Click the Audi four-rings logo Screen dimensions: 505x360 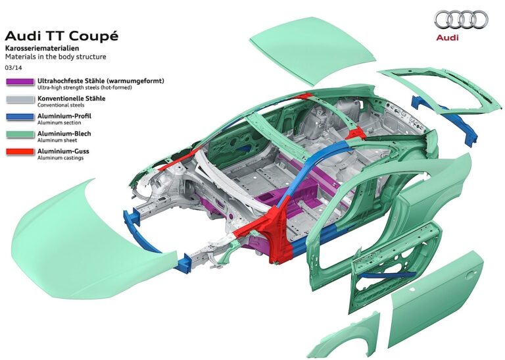[x=461, y=20]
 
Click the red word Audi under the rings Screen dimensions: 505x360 [x=447, y=38]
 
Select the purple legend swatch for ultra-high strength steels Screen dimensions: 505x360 [x=20, y=82]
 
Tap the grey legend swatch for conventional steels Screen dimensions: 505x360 [x=20, y=99]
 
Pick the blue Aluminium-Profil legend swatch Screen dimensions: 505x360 [x=20, y=116]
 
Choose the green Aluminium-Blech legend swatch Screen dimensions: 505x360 [x=20, y=134]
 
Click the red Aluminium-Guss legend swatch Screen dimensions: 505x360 [x=20, y=152]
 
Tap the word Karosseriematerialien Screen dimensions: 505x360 [x=42, y=48]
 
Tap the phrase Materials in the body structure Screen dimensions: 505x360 [x=55, y=57]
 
